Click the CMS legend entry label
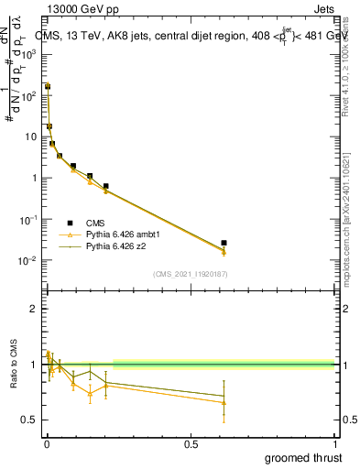pyautogui.click(x=96, y=223)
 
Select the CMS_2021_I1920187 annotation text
pyautogui.click(x=190, y=274)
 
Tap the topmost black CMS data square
pyautogui.click(x=48, y=86)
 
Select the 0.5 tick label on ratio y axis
pyautogui.click(x=29, y=420)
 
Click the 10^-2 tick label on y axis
pyautogui.click(x=28, y=261)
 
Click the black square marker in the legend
pyautogui.click(x=71, y=223)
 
